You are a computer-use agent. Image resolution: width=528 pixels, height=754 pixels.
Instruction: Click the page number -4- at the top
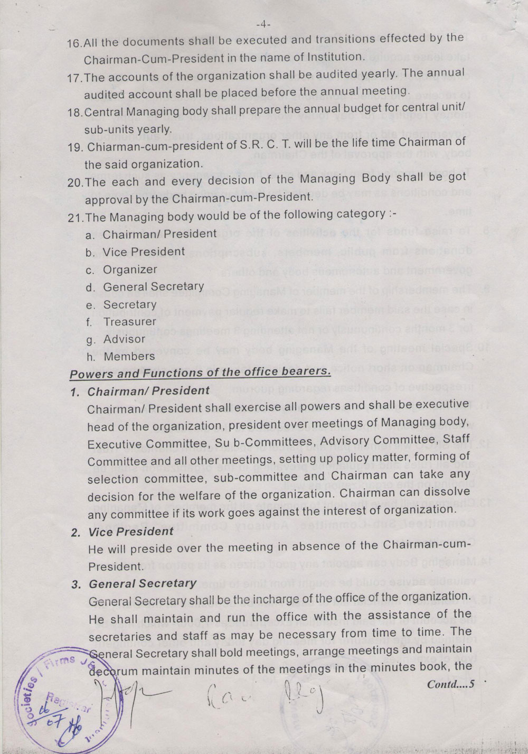coord(262,24)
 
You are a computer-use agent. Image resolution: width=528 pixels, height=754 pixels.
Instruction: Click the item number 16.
coord(75,43)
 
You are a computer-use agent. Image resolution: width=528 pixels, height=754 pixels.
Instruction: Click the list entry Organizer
coord(130,269)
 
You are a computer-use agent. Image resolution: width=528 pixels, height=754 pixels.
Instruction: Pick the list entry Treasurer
coord(130,321)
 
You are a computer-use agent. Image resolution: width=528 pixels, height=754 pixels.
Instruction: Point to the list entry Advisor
coord(124,339)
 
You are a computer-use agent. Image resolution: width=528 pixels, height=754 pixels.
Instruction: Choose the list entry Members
coord(129,356)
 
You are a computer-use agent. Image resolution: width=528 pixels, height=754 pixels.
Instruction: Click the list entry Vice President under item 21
coord(144,252)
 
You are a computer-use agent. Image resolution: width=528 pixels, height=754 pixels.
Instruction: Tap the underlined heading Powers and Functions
coord(200,373)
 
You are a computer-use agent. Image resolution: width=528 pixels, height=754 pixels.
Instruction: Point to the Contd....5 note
coord(451,684)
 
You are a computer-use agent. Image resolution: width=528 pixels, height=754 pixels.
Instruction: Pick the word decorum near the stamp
coord(113,671)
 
